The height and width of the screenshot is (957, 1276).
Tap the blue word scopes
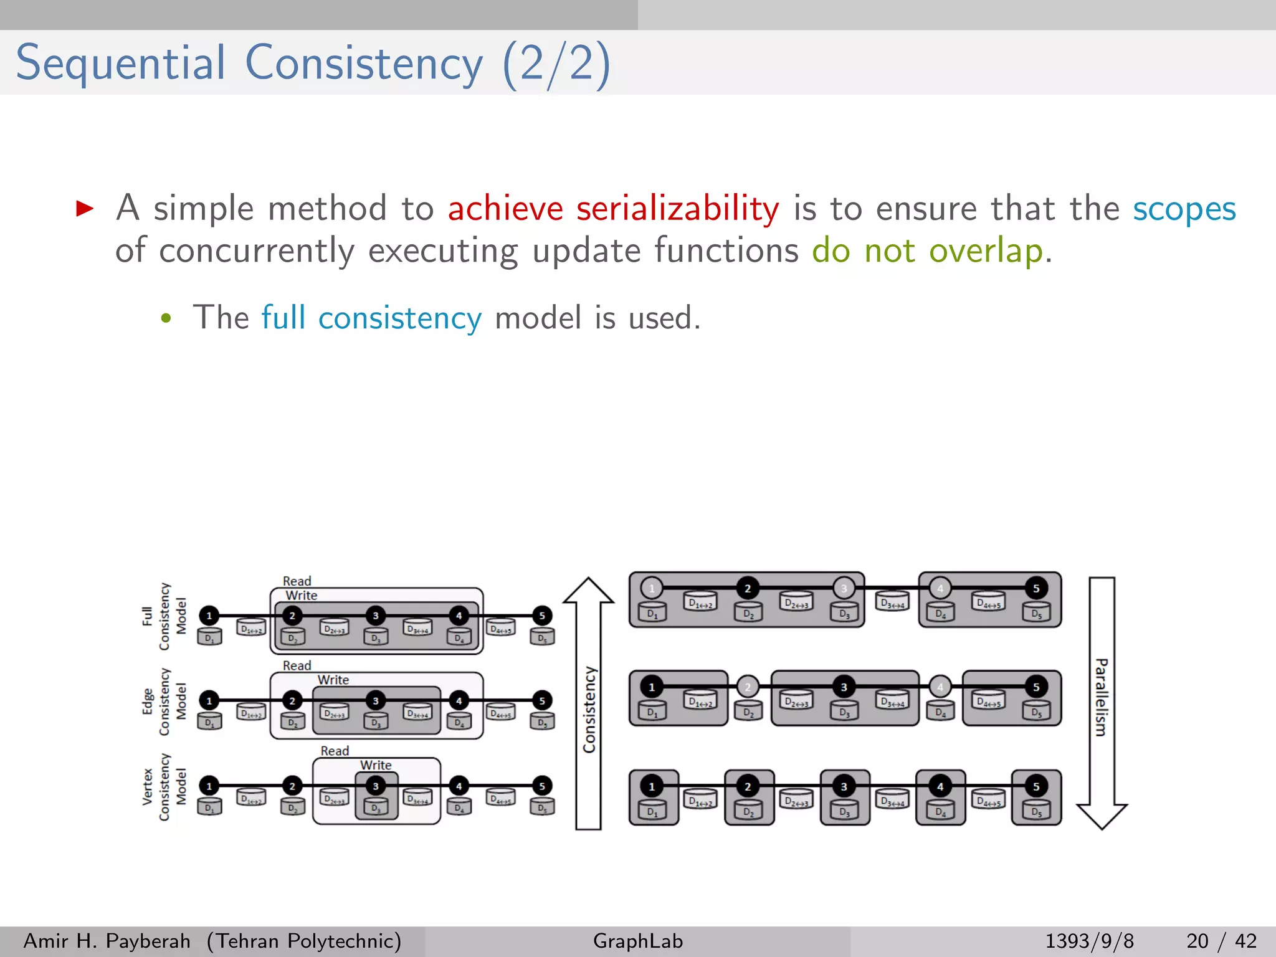click(1184, 209)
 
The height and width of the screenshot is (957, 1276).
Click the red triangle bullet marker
click(85, 208)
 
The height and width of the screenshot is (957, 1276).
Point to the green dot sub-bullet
click(166, 319)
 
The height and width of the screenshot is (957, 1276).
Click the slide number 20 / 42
click(1221, 941)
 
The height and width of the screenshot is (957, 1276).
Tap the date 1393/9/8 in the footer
click(1089, 941)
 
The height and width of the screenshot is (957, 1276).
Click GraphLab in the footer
click(638, 941)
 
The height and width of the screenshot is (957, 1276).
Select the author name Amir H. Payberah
click(107, 941)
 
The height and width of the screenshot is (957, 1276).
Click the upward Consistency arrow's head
click(588, 591)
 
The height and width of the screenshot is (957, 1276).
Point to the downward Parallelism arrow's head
click(1102, 816)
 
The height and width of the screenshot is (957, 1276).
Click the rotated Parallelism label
click(1102, 697)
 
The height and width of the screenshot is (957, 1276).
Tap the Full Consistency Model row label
click(164, 616)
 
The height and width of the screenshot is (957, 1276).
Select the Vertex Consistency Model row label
click(164, 787)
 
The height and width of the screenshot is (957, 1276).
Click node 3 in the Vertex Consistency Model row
click(376, 786)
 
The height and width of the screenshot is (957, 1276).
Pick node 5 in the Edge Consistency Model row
click(542, 701)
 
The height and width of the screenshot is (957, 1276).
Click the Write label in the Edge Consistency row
click(333, 680)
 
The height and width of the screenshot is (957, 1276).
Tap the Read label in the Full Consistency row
click(297, 581)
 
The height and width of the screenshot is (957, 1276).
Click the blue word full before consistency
click(283, 318)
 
